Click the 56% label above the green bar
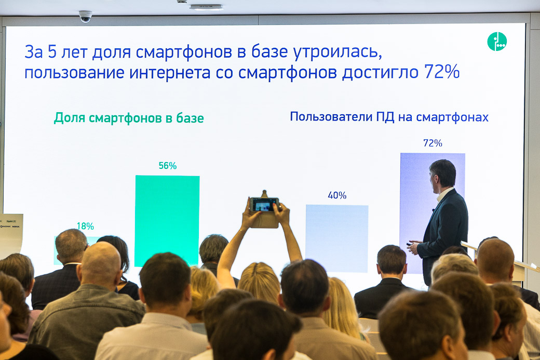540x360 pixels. (x=168, y=166)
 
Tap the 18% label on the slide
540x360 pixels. (x=85, y=226)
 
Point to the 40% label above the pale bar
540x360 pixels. (x=337, y=195)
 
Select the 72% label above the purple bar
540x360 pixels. (x=433, y=143)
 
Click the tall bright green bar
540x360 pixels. (x=167, y=220)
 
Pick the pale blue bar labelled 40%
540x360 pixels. (x=337, y=238)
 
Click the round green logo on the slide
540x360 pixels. (x=497, y=42)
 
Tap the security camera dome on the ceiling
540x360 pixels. (x=85, y=16)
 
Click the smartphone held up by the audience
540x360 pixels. (x=264, y=204)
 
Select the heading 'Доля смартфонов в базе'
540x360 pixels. (x=129, y=118)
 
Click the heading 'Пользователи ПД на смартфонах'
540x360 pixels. (x=389, y=117)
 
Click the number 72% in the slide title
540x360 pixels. (x=442, y=72)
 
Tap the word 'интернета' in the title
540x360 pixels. (x=170, y=73)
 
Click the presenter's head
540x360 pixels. (x=442, y=174)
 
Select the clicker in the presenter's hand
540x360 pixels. (x=409, y=244)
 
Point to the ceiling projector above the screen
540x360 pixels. (x=206, y=7)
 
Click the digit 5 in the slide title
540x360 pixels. (x=51, y=51)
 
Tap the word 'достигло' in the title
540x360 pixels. (x=380, y=73)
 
